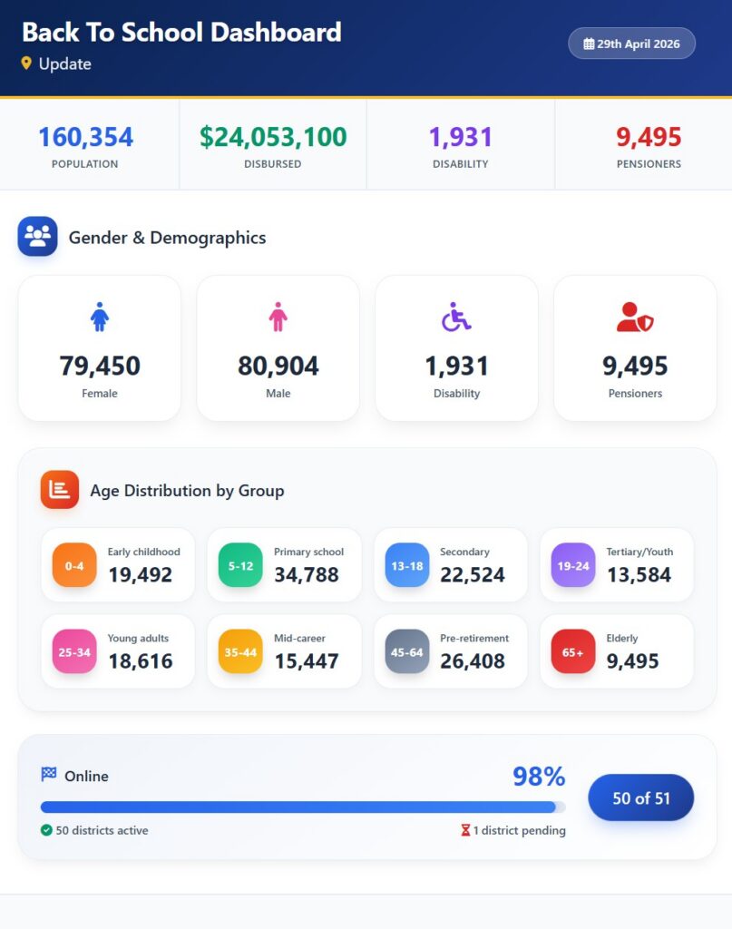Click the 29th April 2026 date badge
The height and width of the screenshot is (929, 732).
pos(631,44)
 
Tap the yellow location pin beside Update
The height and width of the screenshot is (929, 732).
pos(26,64)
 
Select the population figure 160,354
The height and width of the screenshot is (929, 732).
pos(86,137)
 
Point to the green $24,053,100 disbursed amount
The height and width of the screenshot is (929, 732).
pos(273,137)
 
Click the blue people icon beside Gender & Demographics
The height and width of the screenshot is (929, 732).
pos(38,237)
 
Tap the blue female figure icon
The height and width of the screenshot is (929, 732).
pos(100,317)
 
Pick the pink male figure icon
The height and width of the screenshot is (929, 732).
pos(278,317)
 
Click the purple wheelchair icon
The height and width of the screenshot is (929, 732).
pos(456,317)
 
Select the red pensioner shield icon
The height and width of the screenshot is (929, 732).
pos(635,317)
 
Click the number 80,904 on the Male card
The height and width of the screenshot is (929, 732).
pos(278,366)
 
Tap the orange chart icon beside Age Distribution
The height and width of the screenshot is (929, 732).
pos(59,489)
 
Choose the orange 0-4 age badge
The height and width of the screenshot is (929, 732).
pos(74,565)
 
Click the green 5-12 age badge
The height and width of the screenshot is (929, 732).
pos(240,565)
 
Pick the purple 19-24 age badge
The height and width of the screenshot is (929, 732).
pos(573,565)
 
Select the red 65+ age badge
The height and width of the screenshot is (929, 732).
pos(573,651)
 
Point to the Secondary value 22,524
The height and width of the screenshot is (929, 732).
pos(473,574)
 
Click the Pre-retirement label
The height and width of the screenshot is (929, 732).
pos(474,638)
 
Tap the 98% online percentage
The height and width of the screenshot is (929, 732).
pos(539,777)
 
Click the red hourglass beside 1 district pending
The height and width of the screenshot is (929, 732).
pos(465,830)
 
